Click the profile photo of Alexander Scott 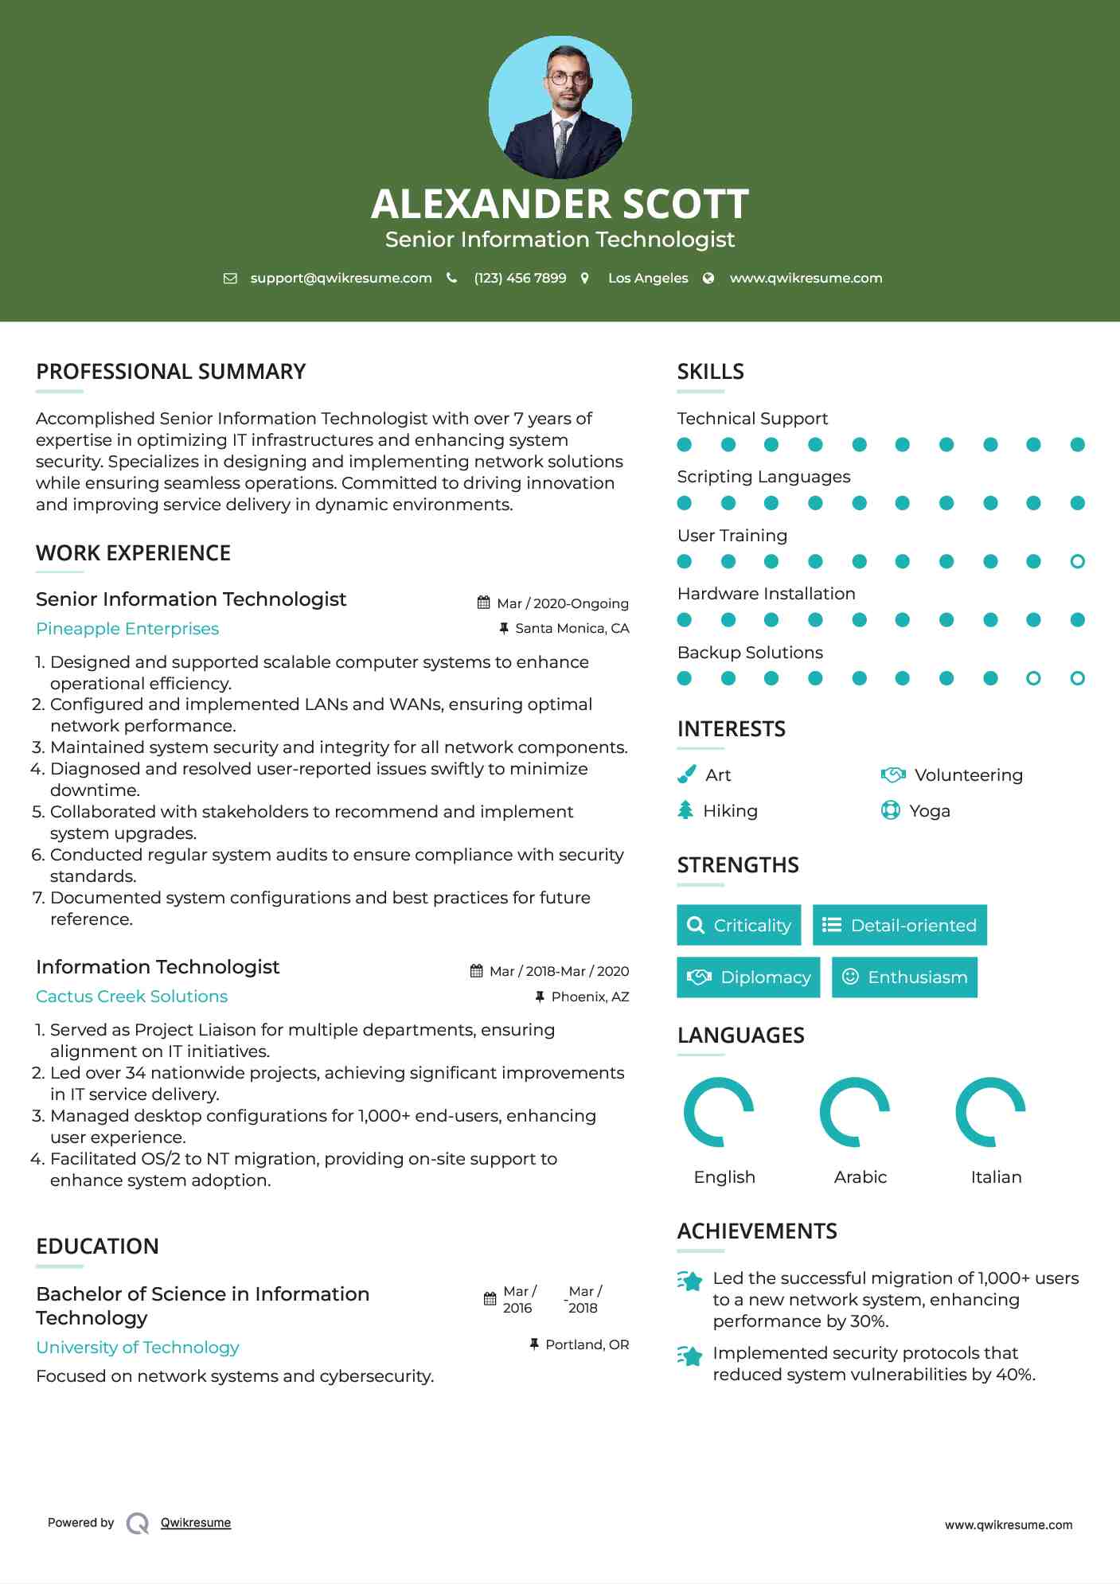560,107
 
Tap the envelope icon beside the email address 230,279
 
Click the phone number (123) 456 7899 520,279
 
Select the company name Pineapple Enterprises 127,629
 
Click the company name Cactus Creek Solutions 131,997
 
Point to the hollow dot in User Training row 1077,562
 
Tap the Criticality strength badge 739,925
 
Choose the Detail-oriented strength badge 900,925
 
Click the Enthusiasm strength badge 904,977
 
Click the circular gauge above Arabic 854,1112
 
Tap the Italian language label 996,1177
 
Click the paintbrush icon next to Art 686,774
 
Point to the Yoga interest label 930,811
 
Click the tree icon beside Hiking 685,810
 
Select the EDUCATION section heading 97,1247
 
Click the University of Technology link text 138,1348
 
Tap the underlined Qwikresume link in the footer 196,1523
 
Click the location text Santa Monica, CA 572,629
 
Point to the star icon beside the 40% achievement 690,1356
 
